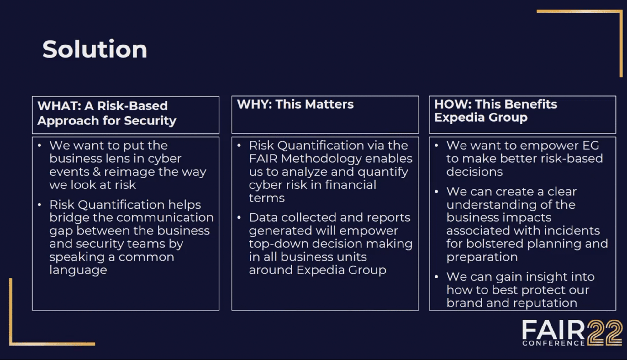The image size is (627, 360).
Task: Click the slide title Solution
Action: coord(95,49)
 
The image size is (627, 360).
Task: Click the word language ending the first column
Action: coord(78,270)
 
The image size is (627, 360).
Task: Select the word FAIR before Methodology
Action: coord(263,159)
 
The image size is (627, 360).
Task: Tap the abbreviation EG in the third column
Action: coord(591,146)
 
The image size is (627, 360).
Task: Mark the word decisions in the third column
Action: coord(474,172)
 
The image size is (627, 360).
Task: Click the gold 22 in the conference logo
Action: coord(604,333)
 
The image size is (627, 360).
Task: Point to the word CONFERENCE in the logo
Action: coord(553,343)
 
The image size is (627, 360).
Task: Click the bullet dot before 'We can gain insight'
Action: coord(436,277)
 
